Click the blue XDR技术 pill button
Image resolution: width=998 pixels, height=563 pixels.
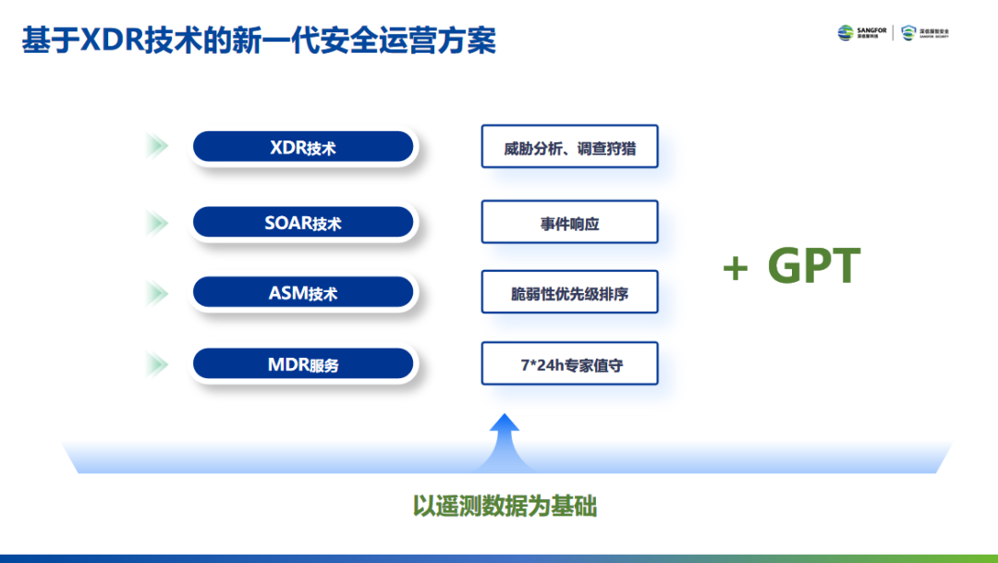coord(303,147)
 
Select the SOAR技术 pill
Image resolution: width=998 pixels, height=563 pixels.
coord(303,223)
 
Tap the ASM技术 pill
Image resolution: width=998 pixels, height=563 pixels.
coord(303,293)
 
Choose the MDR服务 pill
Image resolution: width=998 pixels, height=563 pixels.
coord(303,364)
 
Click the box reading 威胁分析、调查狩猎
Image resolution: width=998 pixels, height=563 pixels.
coord(569,147)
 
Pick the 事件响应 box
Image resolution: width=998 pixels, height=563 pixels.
coord(569,223)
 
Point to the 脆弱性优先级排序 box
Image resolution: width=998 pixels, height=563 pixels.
coord(569,293)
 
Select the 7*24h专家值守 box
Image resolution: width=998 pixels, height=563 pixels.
coord(569,364)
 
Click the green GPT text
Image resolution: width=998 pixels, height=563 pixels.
coord(814,266)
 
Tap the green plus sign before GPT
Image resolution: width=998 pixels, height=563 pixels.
coord(736,269)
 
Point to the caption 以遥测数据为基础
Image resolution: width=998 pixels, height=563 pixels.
coord(505,507)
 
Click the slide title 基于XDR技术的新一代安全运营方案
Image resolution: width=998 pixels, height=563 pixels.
coord(259,41)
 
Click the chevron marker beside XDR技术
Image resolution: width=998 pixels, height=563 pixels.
coord(157,146)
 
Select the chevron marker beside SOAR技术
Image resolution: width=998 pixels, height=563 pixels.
coord(157,223)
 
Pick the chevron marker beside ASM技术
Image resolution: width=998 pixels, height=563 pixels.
coord(157,293)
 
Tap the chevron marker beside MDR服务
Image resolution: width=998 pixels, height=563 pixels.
coord(157,364)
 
